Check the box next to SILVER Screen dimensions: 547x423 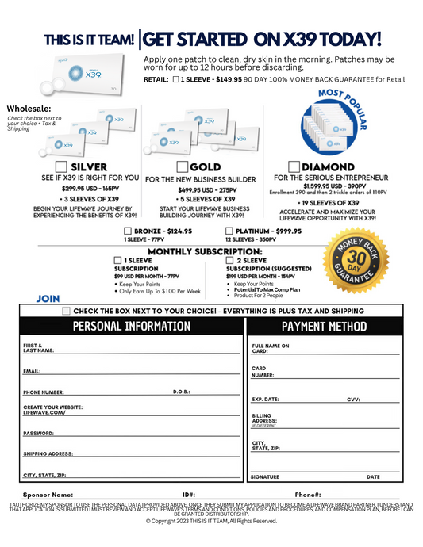(x=62, y=167)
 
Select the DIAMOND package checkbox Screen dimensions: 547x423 (x=294, y=167)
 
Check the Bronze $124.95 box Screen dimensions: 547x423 (x=128, y=231)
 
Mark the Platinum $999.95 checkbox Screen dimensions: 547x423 (x=230, y=231)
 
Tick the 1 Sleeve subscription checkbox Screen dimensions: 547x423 (x=118, y=260)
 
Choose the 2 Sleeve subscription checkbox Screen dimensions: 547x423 (x=230, y=260)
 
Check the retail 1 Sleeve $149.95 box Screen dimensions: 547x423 (x=175, y=80)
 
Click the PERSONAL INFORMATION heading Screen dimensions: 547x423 (x=131, y=327)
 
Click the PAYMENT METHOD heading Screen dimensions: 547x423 (x=325, y=327)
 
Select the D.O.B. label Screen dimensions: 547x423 (x=182, y=392)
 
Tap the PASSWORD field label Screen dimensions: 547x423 (x=38, y=434)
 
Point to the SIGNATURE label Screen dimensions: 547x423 (x=264, y=477)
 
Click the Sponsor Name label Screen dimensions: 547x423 (x=50, y=494)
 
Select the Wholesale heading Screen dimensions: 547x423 (x=29, y=109)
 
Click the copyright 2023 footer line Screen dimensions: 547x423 (x=211, y=521)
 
